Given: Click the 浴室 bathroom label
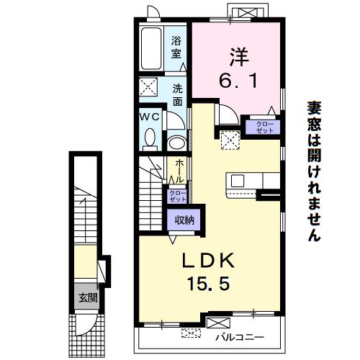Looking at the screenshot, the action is click(x=176, y=48).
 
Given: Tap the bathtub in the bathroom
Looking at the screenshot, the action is click(x=151, y=49).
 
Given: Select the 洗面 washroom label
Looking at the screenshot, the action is click(x=178, y=95).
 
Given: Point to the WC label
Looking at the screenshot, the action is click(x=150, y=117).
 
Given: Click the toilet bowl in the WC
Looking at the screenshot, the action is click(x=150, y=138).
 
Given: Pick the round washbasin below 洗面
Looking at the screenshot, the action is click(x=178, y=143).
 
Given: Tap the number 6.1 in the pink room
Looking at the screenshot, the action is click(x=238, y=81).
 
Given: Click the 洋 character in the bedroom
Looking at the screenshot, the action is click(x=239, y=57).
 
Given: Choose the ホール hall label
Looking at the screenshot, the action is click(x=179, y=171).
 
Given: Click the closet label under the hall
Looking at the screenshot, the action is click(x=178, y=196).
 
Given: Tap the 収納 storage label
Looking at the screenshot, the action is click(x=184, y=220).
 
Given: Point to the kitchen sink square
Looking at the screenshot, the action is click(x=238, y=181).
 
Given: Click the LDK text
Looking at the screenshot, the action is click(x=208, y=261).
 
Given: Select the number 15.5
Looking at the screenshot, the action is click(x=208, y=283).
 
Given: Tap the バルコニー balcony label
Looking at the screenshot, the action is click(x=240, y=338).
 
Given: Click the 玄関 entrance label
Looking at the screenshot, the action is click(x=88, y=298).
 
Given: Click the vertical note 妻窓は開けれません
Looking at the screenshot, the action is click(x=315, y=171).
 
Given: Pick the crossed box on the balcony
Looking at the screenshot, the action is click(x=218, y=323).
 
